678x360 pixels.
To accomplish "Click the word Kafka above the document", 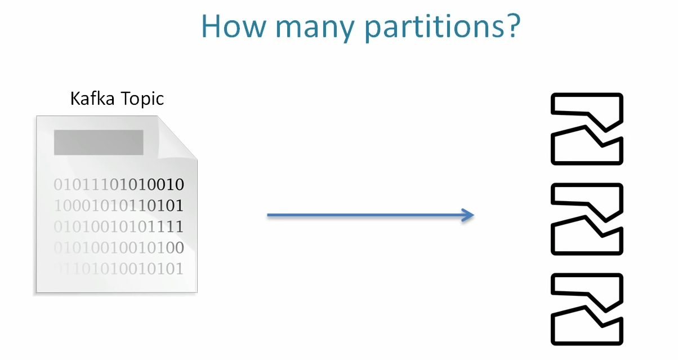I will (x=92, y=99).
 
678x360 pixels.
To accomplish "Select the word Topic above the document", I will (x=141, y=99).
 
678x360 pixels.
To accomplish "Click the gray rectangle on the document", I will (x=99, y=142).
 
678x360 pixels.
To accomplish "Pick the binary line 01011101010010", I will (x=119, y=184).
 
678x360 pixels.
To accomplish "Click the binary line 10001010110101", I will (x=119, y=205).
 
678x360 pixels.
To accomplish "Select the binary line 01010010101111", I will (x=119, y=226).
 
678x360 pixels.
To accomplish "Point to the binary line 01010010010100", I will (x=119, y=247).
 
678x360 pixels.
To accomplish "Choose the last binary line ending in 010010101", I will (x=119, y=269).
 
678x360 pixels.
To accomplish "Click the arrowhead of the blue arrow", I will (x=467, y=215).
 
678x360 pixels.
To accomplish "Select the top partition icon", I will (x=587, y=129).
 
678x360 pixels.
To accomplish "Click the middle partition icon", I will (x=587, y=219).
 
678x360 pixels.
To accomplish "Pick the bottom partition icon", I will (x=587, y=309).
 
